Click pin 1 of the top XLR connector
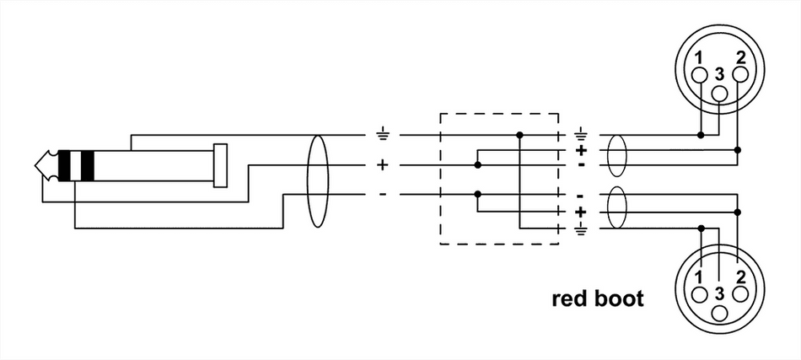(700, 76)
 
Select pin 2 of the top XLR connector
(739, 76)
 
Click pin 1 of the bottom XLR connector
(700, 294)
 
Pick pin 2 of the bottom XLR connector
(739, 294)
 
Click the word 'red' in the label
(570, 298)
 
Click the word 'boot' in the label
(619, 298)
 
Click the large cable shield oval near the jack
(317, 180)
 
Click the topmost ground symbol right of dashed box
(581, 133)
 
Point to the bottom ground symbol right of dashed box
(581, 227)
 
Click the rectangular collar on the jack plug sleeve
(221, 165)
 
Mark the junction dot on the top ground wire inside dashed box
(520, 134)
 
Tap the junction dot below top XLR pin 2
(739, 149)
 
